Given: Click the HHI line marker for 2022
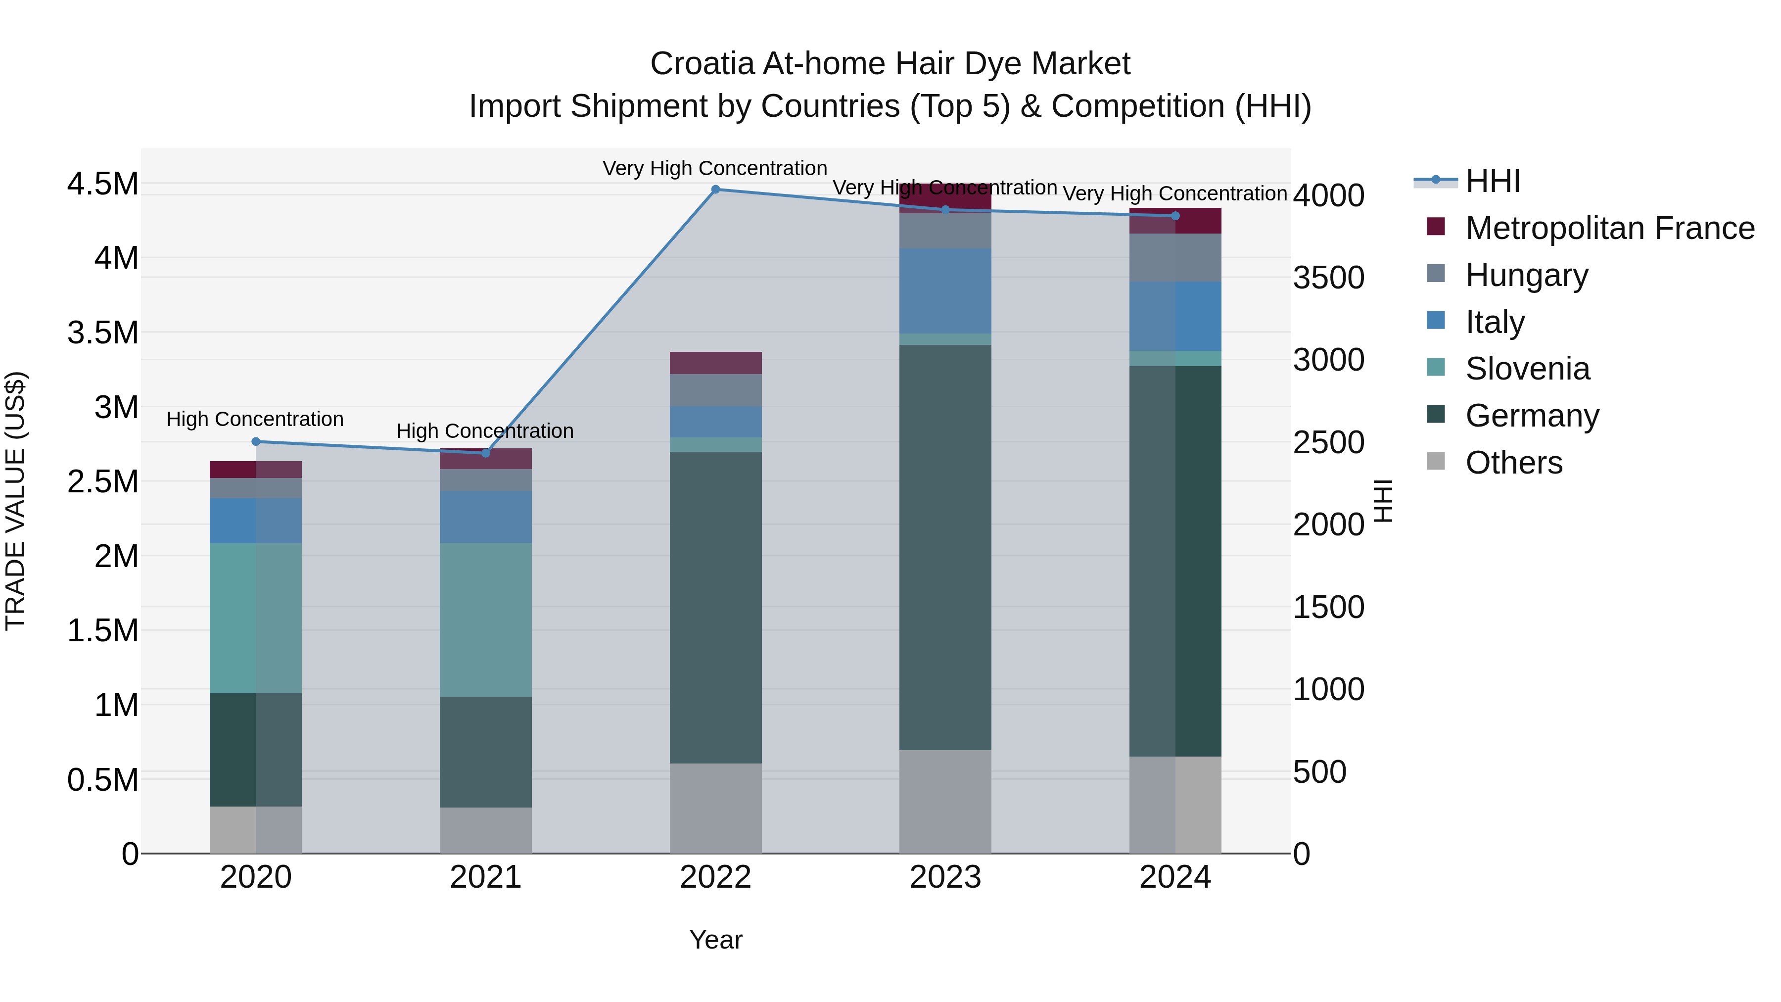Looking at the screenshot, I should [715, 190].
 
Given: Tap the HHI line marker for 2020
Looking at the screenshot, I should [256, 442].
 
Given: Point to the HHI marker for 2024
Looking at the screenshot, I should [1175, 216].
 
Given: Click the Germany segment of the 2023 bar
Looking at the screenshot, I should [945, 546].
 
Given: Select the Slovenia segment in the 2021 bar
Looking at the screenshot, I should [485, 619].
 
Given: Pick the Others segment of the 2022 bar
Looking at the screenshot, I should [715, 808].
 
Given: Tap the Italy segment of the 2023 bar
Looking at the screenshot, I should [945, 290].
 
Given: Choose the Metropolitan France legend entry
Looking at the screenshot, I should [1609, 228].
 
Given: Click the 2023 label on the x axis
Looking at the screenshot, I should [945, 877].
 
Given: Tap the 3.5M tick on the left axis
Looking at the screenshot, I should [102, 333].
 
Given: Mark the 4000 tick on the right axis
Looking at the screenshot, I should [1329, 195].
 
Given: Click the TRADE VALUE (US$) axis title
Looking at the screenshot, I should [15, 501].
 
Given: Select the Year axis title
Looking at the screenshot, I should [715, 940].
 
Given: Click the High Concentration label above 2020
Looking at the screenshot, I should [255, 419].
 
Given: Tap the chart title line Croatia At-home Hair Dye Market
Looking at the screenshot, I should [890, 64].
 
